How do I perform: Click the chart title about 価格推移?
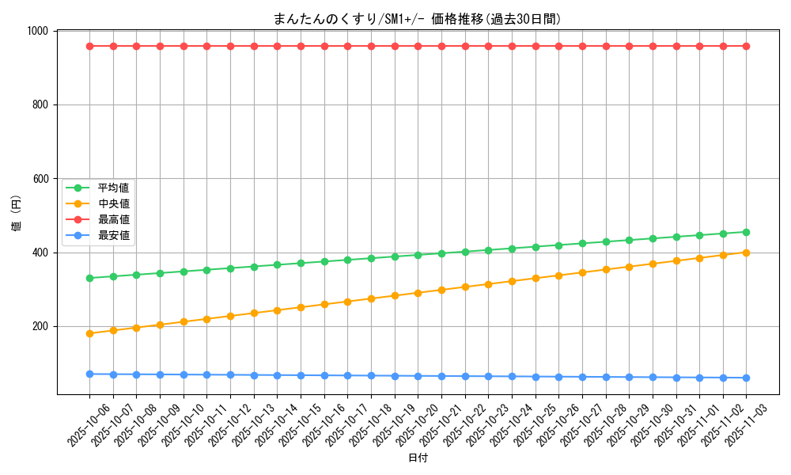(x=417, y=19)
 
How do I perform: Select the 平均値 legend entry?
(x=113, y=188)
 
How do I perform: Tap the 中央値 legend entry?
(x=113, y=203)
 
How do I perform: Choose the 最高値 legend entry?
(x=113, y=219)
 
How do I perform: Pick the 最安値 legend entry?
(x=113, y=235)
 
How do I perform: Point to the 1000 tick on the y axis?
(x=37, y=31)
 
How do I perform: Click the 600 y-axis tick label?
(x=40, y=179)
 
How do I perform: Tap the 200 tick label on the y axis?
(x=40, y=326)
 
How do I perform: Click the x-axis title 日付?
(x=417, y=458)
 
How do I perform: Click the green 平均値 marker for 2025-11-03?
(x=746, y=232)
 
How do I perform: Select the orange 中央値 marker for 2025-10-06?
(x=89, y=333)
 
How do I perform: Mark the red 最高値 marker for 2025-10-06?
(x=89, y=46)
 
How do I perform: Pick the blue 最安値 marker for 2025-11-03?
(x=746, y=378)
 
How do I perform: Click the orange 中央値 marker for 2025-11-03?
(x=746, y=253)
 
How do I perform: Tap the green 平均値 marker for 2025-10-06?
(x=89, y=278)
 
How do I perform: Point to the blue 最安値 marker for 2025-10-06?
(x=89, y=374)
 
